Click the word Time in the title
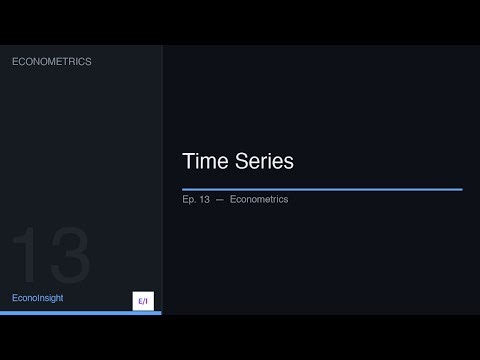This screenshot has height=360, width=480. pos(205,161)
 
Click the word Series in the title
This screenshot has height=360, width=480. pos(263,161)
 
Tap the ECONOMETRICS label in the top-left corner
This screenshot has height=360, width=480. pos(51,62)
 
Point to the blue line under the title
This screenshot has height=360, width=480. pos(322,188)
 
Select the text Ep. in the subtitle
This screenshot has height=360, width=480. pos(189,200)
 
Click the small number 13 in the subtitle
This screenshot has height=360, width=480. pos(205,200)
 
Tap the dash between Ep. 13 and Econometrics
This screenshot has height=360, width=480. pos(220,200)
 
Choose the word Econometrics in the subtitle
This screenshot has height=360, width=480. pos(259,200)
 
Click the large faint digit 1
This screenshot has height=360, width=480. pos(26,257)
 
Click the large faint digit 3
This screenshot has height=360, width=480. pos(67,257)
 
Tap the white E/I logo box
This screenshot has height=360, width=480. pos(143,300)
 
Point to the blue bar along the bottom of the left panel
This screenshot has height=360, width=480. pos(80,312)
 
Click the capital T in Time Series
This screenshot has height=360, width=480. pos(188,161)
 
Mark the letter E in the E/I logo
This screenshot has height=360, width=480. pos(139,300)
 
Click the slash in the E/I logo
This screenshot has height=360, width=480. pos(143,300)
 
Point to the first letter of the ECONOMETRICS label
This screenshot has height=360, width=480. pos(15,62)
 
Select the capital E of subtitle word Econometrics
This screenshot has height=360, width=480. pos(233,200)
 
